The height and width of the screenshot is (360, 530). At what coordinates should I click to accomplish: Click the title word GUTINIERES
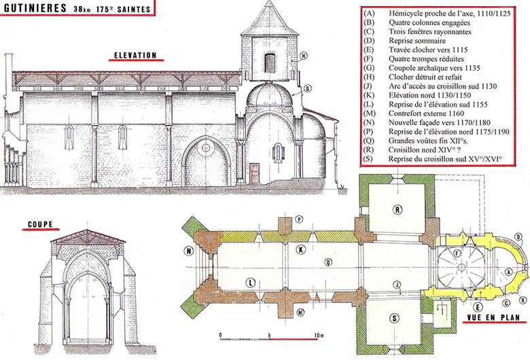coord(35,7)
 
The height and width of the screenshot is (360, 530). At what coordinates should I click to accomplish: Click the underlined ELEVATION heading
coord(135,55)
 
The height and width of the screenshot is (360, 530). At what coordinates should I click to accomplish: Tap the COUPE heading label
coord(40,224)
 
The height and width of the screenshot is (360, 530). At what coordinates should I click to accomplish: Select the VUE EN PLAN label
coord(493,317)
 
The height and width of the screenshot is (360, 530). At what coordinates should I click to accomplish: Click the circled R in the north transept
coord(397,210)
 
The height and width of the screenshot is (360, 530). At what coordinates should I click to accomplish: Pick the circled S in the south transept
coord(394,318)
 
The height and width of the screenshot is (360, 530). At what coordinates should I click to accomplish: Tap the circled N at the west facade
coord(189,251)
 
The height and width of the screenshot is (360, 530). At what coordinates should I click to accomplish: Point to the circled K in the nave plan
coord(300,250)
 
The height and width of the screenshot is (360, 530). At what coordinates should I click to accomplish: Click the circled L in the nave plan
coord(250,283)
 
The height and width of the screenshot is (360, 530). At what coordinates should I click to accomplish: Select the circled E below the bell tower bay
coord(478,307)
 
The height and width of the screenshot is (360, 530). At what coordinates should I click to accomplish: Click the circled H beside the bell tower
coord(304,56)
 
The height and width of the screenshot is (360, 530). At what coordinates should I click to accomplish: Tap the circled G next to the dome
coord(307,88)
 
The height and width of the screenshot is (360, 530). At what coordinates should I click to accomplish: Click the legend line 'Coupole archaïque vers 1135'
coord(434,68)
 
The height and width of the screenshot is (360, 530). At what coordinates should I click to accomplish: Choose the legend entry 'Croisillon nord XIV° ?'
coord(424,149)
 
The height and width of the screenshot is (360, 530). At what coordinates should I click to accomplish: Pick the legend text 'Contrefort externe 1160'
coord(426,113)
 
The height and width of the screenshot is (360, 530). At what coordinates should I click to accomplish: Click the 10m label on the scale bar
coord(319,336)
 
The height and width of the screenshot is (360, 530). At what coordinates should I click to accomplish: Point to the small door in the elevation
coord(254,173)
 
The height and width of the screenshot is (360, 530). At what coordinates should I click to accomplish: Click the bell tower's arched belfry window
coord(269,63)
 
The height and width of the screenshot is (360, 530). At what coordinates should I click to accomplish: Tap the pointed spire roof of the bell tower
coord(269,18)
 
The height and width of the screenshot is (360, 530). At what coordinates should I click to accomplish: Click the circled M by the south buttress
coord(300,312)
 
